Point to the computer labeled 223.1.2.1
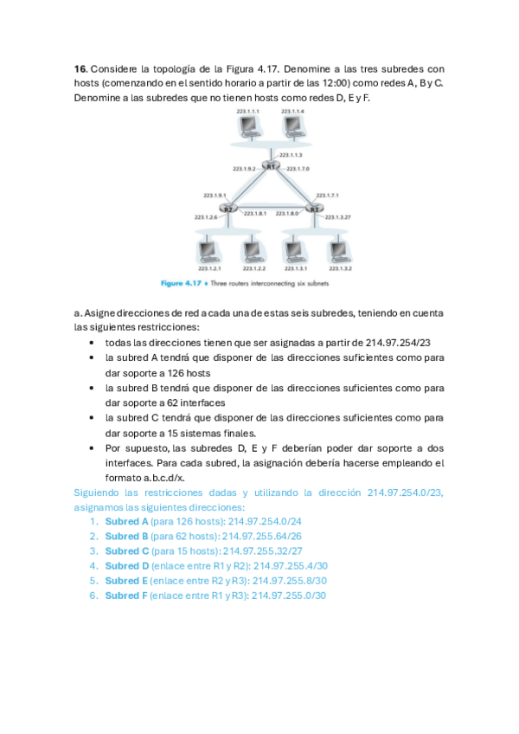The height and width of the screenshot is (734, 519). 208,251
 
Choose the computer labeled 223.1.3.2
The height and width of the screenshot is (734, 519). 338,251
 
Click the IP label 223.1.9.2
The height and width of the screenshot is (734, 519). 245,169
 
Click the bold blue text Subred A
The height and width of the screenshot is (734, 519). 126,522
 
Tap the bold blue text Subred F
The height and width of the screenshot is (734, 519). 125,596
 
